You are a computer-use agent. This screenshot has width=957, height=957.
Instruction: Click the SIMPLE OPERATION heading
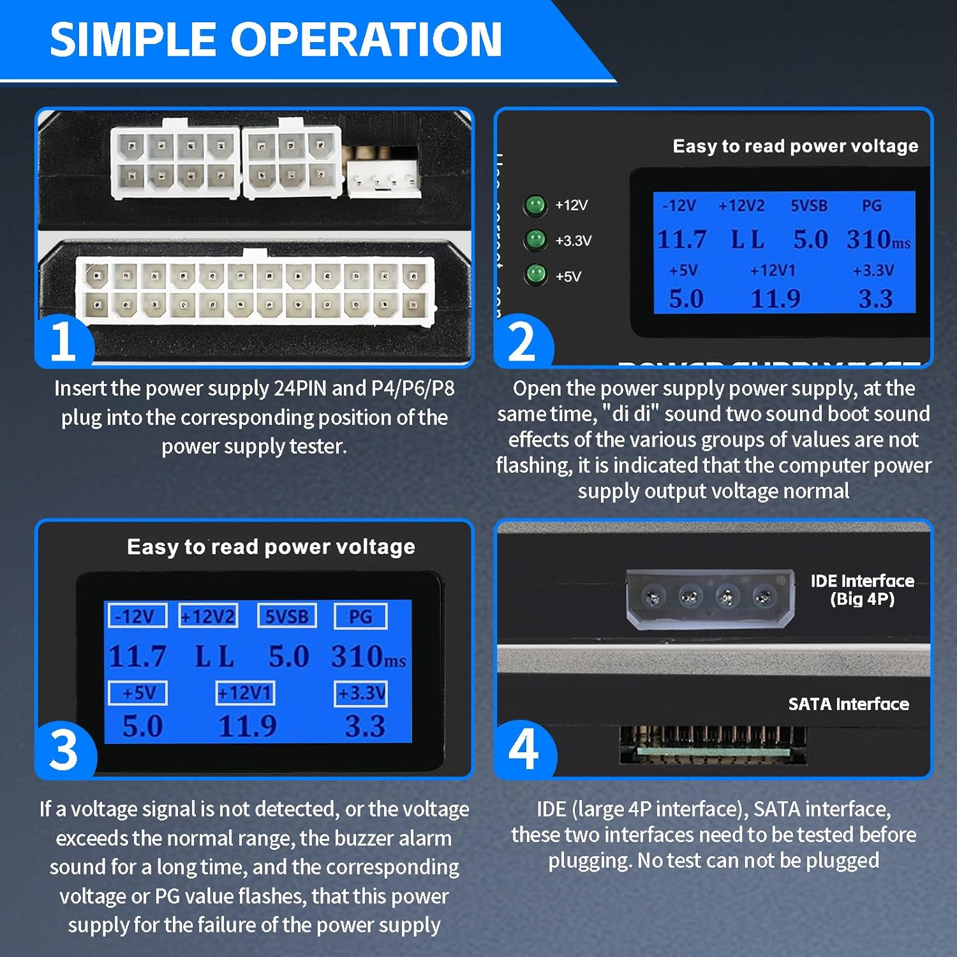(x=276, y=40)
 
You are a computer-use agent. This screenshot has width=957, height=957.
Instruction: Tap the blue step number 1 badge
(x=64, y=341)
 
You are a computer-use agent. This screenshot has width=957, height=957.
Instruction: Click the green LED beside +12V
(x=535, y=205)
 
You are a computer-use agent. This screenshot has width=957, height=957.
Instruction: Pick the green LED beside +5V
(x=535, y=275)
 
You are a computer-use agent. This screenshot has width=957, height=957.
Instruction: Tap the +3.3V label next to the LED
(x=573, y=241)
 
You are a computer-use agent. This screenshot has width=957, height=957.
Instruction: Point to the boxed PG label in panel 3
(x=360, y=616)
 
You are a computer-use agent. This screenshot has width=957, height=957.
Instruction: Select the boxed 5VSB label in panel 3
(x=287, y=616)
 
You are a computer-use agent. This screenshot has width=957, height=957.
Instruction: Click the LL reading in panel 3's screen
(x=214, y=657)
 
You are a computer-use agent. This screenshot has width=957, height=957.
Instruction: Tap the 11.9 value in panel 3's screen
(x=248, y=727)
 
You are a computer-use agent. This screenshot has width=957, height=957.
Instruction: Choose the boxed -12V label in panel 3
(x=137, y=616)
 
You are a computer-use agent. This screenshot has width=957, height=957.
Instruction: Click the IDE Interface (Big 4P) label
(x=862, y=590)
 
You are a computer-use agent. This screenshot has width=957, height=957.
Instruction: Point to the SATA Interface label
(x=848, y=704)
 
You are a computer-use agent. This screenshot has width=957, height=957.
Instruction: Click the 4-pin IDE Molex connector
(x=709, y=598)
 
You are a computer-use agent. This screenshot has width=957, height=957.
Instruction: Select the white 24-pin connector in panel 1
(x=255, y=290)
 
